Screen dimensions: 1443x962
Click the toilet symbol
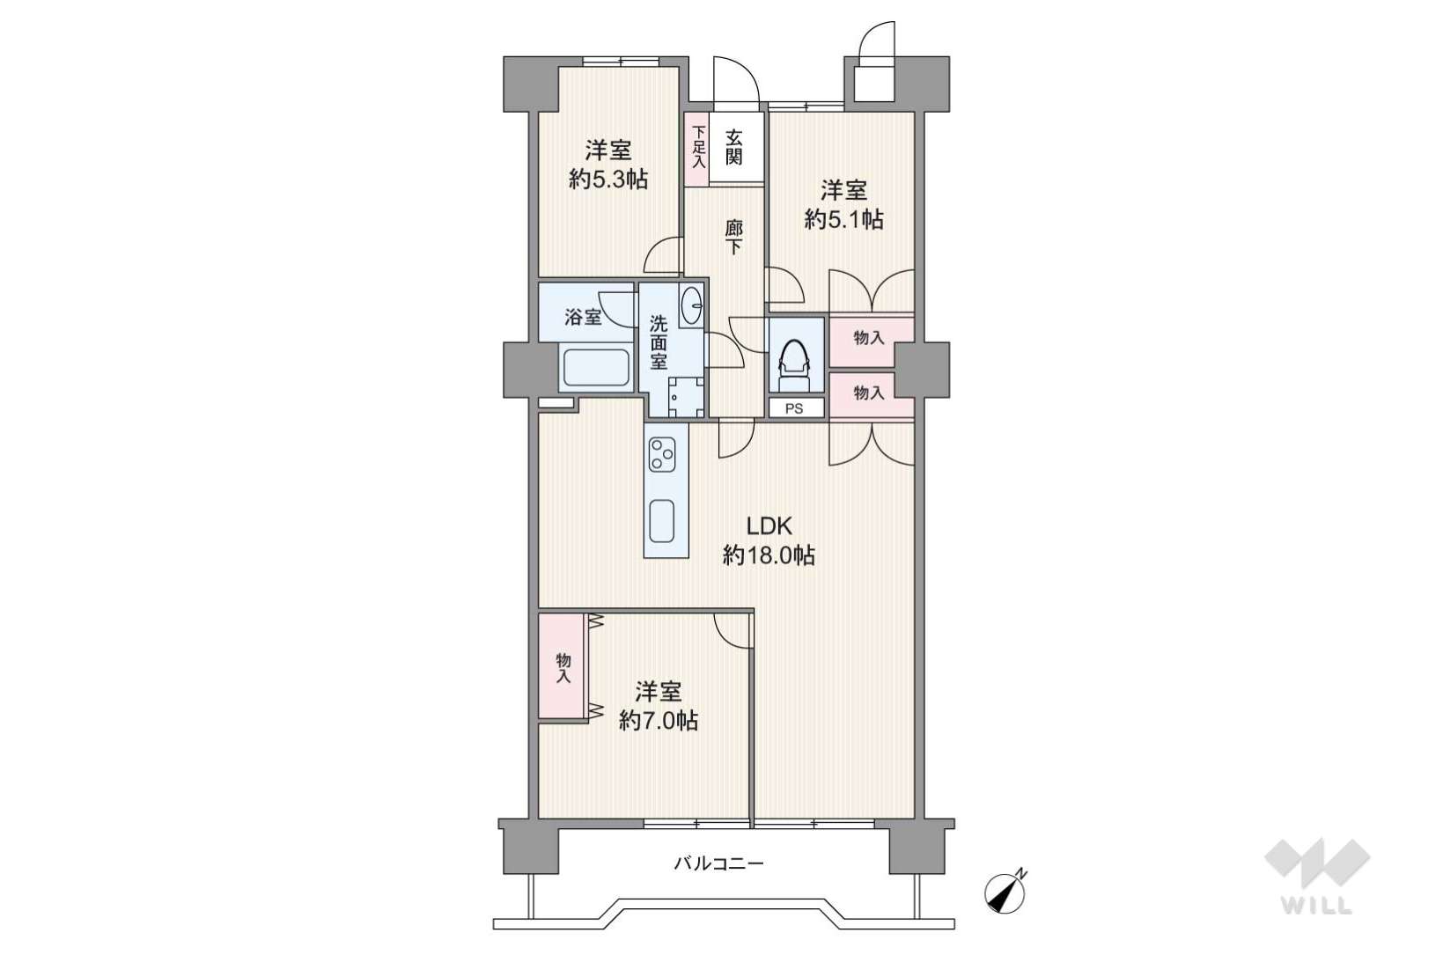tap(796, 365)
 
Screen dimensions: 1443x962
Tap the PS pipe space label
tap(794, 408)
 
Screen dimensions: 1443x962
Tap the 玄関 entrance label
tap(733, 148)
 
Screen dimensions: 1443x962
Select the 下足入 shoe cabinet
tap(696, 150)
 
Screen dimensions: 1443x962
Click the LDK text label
tap(769, 526)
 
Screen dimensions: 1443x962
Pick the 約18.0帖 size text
tap(769, 554)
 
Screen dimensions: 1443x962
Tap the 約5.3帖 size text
tap(608, 179)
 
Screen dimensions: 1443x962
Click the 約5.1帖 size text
tap(843, 219)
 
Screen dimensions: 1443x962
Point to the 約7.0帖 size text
tap(659, 720)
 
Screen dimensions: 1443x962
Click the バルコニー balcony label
tap(719, 863)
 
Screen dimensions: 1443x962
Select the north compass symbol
tap(1005, 892)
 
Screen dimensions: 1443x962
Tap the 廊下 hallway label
tap(733, 238)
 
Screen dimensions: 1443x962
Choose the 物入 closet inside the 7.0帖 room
tap(563, 667)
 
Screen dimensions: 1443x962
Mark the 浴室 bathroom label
tap(583, 317)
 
